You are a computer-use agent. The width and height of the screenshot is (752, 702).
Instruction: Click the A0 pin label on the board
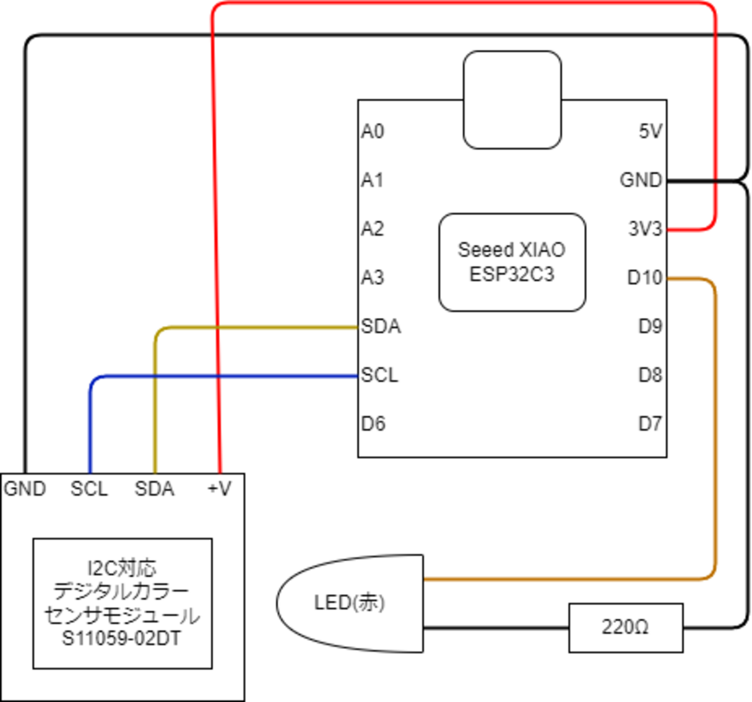click(373, 131)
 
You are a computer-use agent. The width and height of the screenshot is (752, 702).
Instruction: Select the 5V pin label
click(650, 131)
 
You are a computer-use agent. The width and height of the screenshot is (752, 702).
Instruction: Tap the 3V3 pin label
click(645, 229)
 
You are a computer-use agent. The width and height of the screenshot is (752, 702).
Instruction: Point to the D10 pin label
click(644, 278)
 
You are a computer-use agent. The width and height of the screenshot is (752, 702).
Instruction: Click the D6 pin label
click(373, 424)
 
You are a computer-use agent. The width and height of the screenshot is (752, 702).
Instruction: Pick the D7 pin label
click(650, 424)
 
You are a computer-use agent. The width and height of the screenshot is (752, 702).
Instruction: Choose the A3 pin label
click(373, 278)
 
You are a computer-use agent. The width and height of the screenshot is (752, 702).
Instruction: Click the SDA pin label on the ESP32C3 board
click(381, 326)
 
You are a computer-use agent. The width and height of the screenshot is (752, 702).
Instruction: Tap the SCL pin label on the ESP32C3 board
click(379, 375)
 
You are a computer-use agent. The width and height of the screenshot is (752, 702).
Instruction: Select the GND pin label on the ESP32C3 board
click(640, 180)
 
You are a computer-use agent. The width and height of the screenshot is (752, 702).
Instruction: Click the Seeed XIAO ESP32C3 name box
click(512, 262)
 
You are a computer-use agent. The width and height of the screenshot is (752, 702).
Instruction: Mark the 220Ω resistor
click(625, 627)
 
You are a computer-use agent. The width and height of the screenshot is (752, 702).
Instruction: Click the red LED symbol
click(350, 603)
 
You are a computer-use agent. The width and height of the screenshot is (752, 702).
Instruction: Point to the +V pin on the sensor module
click(219, 489)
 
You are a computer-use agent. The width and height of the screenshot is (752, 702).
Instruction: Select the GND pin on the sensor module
click(25, 489)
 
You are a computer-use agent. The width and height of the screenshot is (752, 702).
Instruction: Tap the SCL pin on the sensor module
click(89, 489)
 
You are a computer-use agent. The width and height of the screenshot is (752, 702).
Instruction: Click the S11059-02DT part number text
click(121, 639)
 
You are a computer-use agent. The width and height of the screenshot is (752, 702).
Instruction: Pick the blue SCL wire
click(231, 377)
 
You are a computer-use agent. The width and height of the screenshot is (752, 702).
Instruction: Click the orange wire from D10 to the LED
click(716, 434)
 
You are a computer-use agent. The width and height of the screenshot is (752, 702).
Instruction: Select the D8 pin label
click(650, 375)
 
